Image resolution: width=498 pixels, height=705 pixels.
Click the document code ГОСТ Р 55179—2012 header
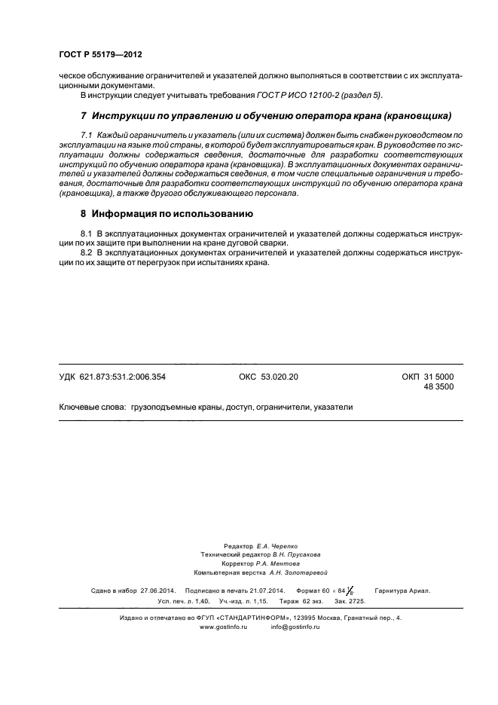[100, 55]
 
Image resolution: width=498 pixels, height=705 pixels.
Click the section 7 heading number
[84, 116]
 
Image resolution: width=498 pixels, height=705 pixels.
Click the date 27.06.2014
[157, 592]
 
